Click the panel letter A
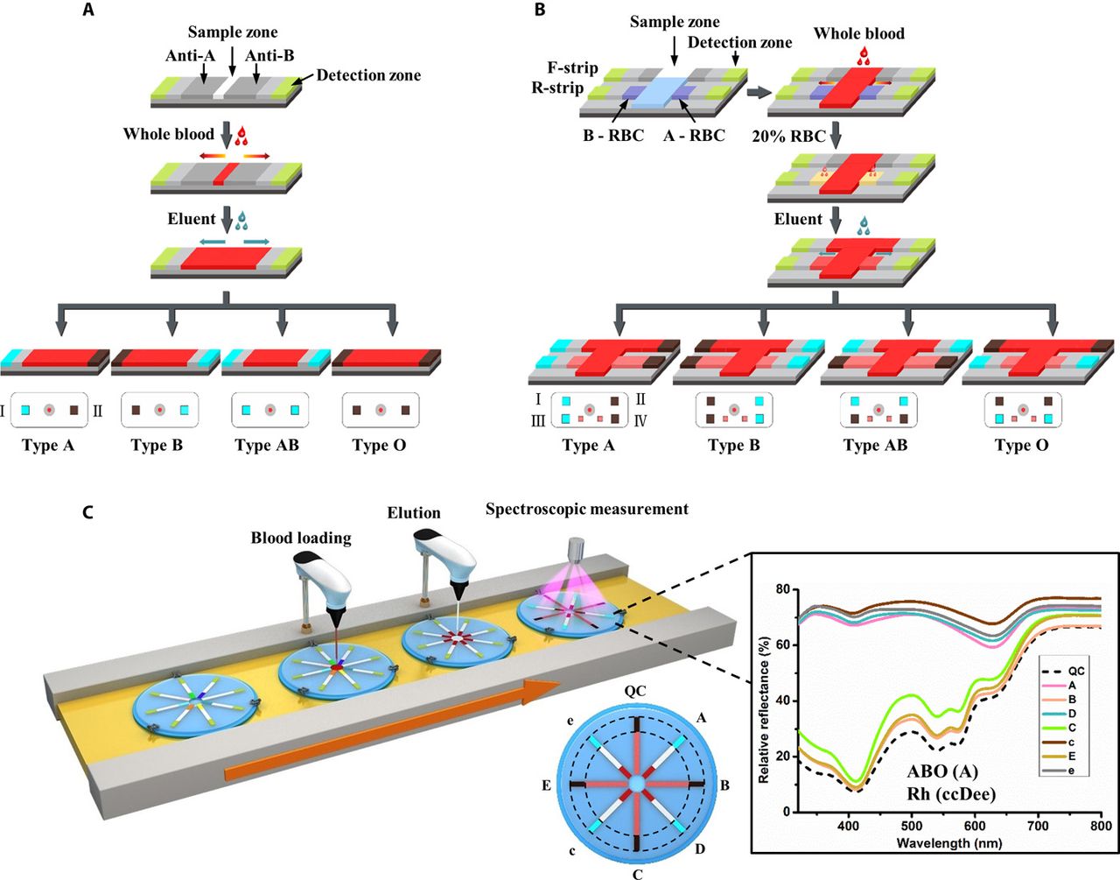(87, 11)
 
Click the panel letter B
(540, 11)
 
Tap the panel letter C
(87, 511)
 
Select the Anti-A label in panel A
(190, 56)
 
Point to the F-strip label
(572, 67)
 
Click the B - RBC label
(612, 136)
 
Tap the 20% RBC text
(788, 136)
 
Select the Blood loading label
(301, 538)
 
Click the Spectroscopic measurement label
(586, 509)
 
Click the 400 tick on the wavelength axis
(848, 826)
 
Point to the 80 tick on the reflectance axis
(783, 589)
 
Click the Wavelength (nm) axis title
(949, 843)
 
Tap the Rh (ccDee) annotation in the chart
(952, 795)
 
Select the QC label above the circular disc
(635, 691)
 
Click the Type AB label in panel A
(267, 445)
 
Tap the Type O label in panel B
(1021, 445)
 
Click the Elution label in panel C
(414, 513)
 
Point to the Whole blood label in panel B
(858, 33)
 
